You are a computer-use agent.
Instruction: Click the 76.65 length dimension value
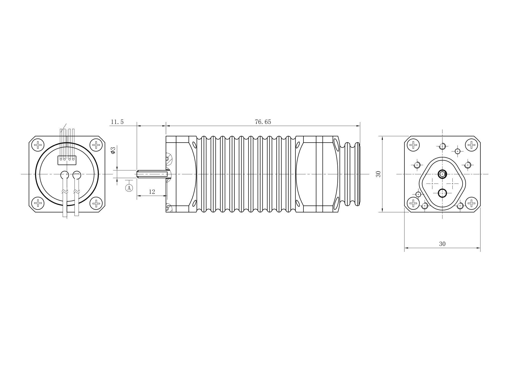tap(263, 122)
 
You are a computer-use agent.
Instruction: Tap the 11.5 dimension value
tap(117, 122)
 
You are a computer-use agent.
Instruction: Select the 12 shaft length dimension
tap(152, 192)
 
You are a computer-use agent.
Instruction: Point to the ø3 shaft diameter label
tap(113, 150)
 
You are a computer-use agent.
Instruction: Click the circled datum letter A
tap(129, 188)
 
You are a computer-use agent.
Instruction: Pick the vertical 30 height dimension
tap(378, 174)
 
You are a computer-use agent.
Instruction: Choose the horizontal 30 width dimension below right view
tap(442, 244)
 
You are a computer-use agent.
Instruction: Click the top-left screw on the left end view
tap(38, 145)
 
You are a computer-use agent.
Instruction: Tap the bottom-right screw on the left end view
tap(96, 203)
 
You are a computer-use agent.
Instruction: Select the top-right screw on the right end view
tap(471, 145)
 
